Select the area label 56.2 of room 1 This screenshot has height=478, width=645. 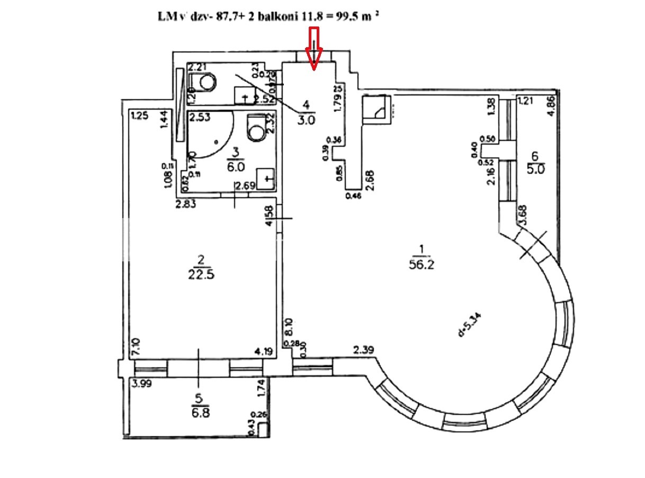[x=422, y=265]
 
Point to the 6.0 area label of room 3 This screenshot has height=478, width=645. [x=236, y=166]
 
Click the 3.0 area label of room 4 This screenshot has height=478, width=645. [x=306, y=120]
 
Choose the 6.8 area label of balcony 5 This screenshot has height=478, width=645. [x=199, y=413]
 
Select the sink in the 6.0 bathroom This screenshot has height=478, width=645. [x=266, y=178]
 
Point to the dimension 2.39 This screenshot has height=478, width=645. [x=364, y=349]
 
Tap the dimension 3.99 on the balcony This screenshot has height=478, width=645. [x=142, y=385]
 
